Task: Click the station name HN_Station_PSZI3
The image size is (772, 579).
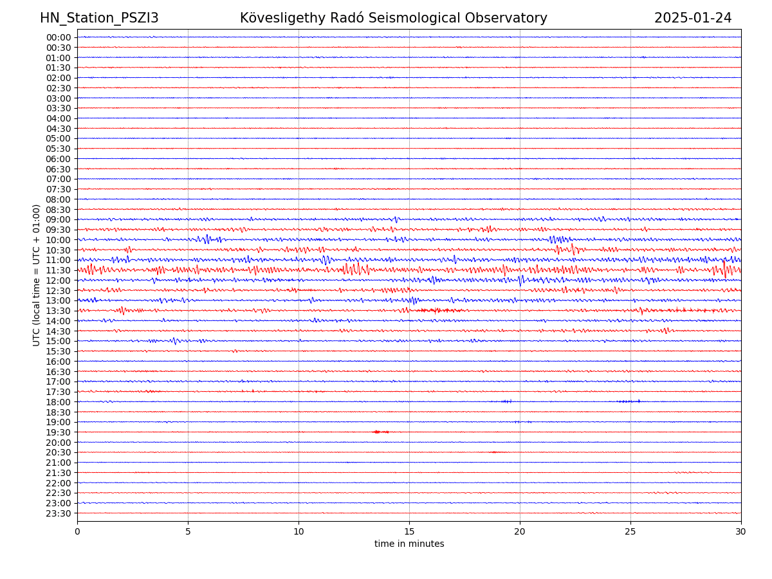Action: tap(99, 18)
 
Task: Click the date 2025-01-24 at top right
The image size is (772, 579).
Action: tap(693, 18)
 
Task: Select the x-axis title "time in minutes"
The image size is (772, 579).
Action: tap(409, 544)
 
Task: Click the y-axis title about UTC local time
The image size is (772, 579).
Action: tap(37, 275)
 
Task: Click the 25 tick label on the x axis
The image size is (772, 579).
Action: tap(630, 532)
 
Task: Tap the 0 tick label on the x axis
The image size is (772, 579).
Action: tap(77, 532)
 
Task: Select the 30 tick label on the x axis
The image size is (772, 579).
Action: tap(741, 532)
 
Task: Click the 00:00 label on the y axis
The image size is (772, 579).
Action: tap(59, 37)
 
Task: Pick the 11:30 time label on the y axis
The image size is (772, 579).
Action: tap(59, 270)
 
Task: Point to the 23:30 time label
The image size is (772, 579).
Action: tap(59, 513)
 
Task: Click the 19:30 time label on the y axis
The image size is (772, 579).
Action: tap(59, 432)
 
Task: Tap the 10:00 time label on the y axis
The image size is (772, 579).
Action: tap(59, 240)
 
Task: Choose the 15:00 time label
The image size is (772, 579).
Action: tap(59, 341)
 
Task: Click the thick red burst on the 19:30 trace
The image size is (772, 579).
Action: tap(378, 432)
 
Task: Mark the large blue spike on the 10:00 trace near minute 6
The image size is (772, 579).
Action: tap(207, 239)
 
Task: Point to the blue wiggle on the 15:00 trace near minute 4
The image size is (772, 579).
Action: tap(174, 341)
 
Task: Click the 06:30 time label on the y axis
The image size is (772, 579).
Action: tap(59, 169)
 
